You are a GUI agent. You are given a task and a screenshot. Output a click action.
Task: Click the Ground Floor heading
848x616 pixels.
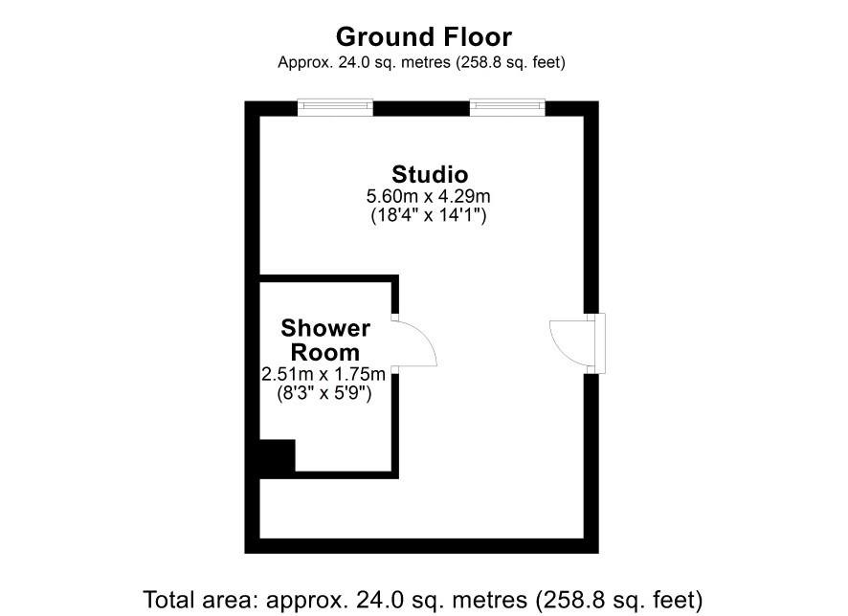click(423, 37)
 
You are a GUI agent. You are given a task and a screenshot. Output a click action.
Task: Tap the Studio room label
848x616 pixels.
click(430, 174)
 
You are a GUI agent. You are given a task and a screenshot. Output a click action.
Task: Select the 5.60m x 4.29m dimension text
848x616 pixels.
click(429, 195)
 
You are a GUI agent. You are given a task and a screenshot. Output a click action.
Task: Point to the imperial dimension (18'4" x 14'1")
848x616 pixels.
click(429, 215)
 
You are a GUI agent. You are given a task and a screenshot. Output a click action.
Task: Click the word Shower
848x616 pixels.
click(325, 328)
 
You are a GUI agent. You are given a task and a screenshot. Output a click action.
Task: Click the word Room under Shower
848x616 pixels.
click(325, 352)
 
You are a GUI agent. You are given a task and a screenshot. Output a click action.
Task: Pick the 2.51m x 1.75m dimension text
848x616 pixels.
click(324, 374)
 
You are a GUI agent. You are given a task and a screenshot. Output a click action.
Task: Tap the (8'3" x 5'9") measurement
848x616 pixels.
click(324, 393)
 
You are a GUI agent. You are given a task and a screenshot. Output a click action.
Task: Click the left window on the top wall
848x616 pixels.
click(335, 107)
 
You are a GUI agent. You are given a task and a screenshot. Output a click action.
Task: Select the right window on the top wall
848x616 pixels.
click(507, 107)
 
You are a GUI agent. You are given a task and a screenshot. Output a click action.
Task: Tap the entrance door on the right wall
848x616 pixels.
click(577, 343)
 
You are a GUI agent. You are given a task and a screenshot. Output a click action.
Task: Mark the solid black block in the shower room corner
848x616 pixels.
click(278, 457)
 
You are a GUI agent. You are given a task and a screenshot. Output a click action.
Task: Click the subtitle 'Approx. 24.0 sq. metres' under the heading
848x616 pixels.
click(364, 63)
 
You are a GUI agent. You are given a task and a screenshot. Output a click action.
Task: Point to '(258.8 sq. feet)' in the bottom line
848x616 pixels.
click(618, 601)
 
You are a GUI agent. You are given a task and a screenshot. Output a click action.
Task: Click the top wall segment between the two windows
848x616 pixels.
click(421, 109)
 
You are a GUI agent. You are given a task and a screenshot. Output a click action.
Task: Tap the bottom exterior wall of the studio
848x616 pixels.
click(422, 546)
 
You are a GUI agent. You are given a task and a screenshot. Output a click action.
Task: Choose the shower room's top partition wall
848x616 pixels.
click(329, 278)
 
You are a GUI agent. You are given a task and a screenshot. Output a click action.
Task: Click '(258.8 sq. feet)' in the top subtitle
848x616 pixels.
click(510, 63)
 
